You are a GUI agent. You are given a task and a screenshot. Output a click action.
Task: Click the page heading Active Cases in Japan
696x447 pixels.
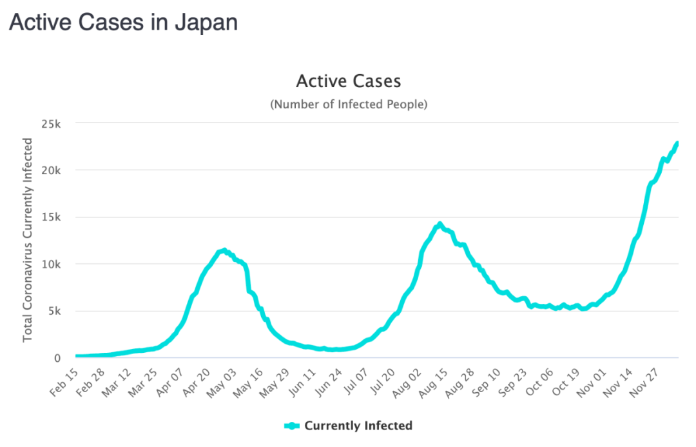(x=123, y=23)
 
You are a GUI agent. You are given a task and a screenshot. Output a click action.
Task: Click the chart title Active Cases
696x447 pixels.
(x=348, y=81)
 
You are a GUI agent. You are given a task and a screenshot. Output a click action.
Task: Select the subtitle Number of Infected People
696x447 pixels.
(x=348, y=104)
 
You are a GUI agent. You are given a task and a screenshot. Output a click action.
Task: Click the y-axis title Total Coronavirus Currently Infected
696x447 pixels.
(x=28, y=240)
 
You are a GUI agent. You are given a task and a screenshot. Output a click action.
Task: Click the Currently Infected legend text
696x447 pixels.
(x=358, y=426)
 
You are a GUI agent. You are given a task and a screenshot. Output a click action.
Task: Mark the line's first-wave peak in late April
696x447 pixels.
(x=224, y=250)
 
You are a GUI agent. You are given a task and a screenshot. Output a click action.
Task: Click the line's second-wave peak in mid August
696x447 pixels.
(x=440, y=224)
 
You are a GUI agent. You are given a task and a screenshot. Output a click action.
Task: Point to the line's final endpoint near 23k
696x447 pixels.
(x=677, y=143)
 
